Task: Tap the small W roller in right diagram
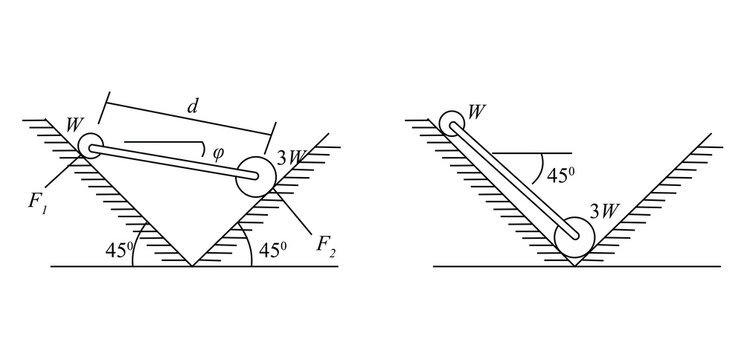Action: (452, 124)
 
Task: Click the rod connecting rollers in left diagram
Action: (170, 161)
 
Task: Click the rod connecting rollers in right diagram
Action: (513, 179)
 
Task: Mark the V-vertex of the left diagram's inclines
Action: (191, 266)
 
